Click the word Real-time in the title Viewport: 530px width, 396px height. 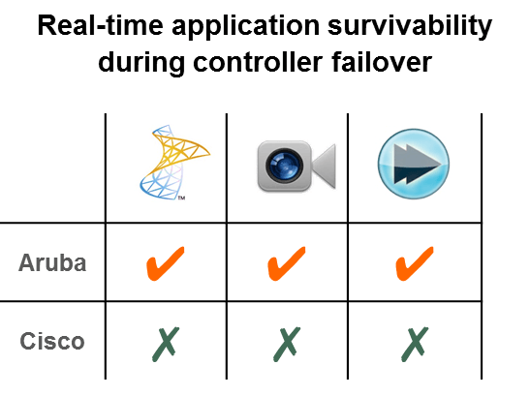[101, 25]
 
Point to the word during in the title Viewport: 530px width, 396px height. [141, 64]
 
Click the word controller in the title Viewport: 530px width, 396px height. [258, 62]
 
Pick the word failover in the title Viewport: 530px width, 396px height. [382, 62]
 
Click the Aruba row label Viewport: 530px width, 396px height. [52, 263]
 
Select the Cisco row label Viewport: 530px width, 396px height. [52, 341]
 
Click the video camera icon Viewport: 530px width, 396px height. [296, 166]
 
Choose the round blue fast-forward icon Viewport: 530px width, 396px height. [414, 164]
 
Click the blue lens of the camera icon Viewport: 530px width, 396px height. [284, 166]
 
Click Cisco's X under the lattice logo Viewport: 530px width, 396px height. [166, 345]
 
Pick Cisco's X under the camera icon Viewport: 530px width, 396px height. [286, 345]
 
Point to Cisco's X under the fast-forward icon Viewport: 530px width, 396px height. [415, 345]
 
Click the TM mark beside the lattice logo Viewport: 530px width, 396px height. [181, 198]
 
